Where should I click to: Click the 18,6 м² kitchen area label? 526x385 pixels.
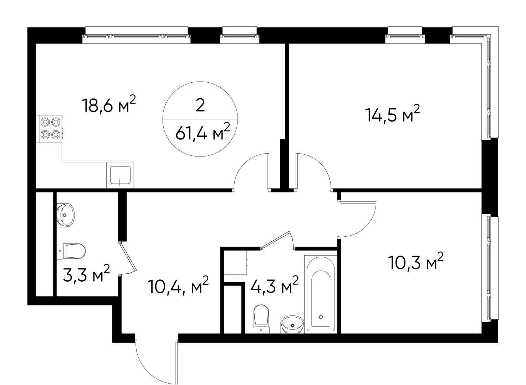pyautogui.click(x=109, y=104)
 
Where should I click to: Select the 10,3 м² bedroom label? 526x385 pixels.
pyautogui.click(x=416, y=261)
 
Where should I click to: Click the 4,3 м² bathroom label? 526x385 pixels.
pyautogui.click(x=275, y=285)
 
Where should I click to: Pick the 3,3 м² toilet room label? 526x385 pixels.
pyautogui.click(x=86, y=273)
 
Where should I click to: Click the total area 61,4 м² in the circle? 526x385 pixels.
pyautogui.click(x=203, y=132)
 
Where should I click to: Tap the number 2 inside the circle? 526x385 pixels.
pyautogui.click(x=200, y=106)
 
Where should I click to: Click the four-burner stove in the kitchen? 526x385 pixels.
pyautogui.click(x=49, y=129)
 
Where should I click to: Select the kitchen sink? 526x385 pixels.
pyautogui.click(x=120, y=175)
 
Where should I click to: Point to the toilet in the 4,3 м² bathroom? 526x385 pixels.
pyautogui.click(x=261, y=319)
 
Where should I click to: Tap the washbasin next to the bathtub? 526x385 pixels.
pyautogui.click(x=292, y=324)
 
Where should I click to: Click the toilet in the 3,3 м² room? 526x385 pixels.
pyautogui.click(x=71, y=251)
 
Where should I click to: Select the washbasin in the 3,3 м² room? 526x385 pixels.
pyautogui.click(x=66, y=215)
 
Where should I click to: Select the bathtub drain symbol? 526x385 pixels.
pyautogui.click(x=321, y=317)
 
